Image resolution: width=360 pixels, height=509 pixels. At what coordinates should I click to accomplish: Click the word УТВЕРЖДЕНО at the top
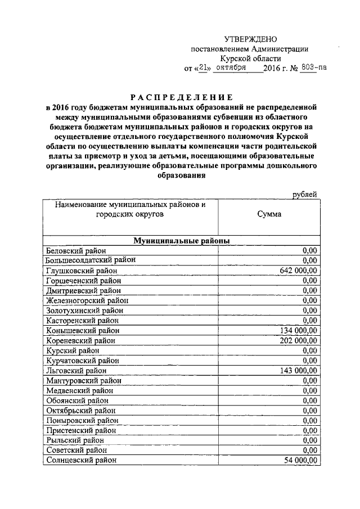coord(251,39)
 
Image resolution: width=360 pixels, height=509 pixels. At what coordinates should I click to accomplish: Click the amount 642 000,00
coord(299,271)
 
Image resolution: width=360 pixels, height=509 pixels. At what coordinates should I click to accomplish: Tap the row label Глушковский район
coord(82,271)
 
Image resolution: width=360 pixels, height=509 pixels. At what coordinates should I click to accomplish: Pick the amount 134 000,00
coord(299,331)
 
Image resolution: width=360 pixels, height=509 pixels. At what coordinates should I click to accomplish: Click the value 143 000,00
coord(299,371)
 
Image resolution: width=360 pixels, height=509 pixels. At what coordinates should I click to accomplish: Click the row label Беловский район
coord(76,251)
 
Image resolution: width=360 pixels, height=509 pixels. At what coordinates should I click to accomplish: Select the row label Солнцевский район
coord(82,460)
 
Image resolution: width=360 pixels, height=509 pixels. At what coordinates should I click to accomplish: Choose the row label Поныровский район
coord(82,420)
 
